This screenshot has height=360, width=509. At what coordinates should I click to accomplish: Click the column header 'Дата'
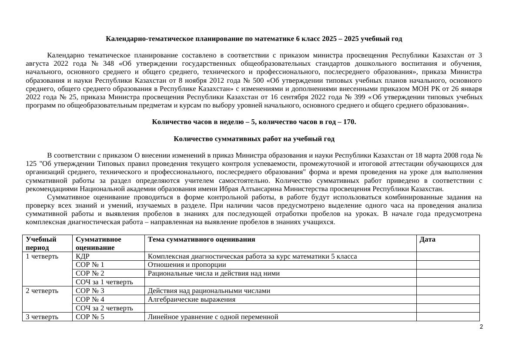click(427, 239)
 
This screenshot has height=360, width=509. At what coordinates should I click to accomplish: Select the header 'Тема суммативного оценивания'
click(201, 239)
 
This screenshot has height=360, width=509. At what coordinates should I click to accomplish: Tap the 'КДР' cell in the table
click(82, 256)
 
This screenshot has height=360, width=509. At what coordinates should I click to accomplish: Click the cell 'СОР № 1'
click(90, 265)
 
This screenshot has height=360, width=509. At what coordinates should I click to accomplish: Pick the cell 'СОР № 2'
click(90, 273)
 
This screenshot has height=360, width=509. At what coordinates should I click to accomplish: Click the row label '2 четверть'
click(42, 291)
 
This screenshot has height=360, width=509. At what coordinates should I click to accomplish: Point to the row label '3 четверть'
click(42, 317)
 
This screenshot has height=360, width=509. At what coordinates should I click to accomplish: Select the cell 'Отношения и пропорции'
click(187, 265)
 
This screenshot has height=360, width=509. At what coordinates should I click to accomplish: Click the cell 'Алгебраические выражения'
click(191, 299)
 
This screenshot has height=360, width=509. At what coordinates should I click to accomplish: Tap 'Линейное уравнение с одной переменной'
click(213, 317)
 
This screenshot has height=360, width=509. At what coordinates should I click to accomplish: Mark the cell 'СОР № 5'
click(90, 317)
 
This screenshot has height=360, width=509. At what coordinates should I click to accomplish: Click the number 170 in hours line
click(349, 122)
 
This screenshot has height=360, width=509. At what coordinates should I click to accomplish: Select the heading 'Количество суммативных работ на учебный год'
click(254, 139)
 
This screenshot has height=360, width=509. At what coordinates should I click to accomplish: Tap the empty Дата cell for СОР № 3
click(448, 291)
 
